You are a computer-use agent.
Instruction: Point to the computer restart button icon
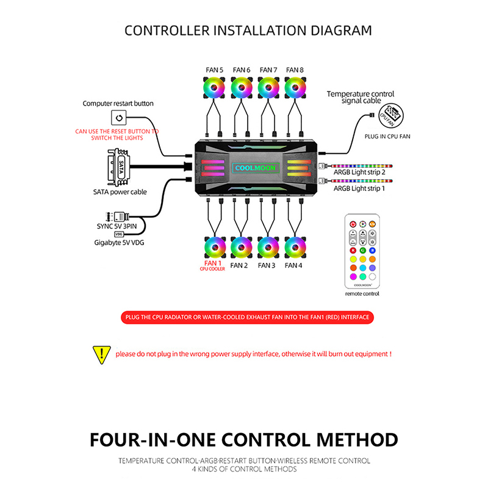[x=118, y=117]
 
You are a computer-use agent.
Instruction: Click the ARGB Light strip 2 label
[x=359, y=172]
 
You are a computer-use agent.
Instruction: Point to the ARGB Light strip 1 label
[x=359, y=189]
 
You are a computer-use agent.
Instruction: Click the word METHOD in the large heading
[x=345, y=439]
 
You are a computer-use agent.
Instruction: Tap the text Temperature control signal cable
[x=361, y=97]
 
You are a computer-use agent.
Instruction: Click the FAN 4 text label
[x=293, y=265]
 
